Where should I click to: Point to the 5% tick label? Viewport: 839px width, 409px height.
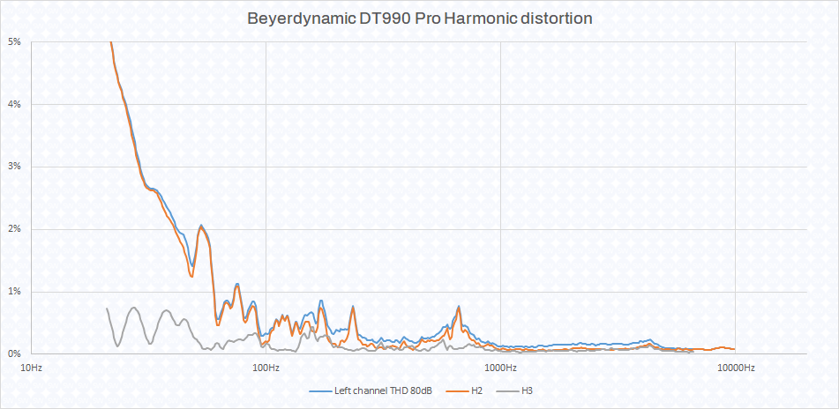[14, 42]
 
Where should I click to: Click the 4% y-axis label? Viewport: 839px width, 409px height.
[14, 104]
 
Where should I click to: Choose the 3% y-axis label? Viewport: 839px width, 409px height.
[14, 167]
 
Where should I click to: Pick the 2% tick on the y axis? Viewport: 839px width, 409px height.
[14, 229]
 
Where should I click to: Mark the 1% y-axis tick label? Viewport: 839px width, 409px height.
[14, 291]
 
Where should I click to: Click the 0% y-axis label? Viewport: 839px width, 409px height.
[14, 353]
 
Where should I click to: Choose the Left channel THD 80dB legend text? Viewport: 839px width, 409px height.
[383, 390]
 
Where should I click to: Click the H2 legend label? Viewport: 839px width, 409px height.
[476, 390]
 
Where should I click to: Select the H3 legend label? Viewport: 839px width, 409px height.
[528, 390]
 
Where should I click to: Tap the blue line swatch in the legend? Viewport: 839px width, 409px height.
[320, 390]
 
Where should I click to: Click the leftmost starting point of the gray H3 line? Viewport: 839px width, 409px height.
[107, 309]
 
